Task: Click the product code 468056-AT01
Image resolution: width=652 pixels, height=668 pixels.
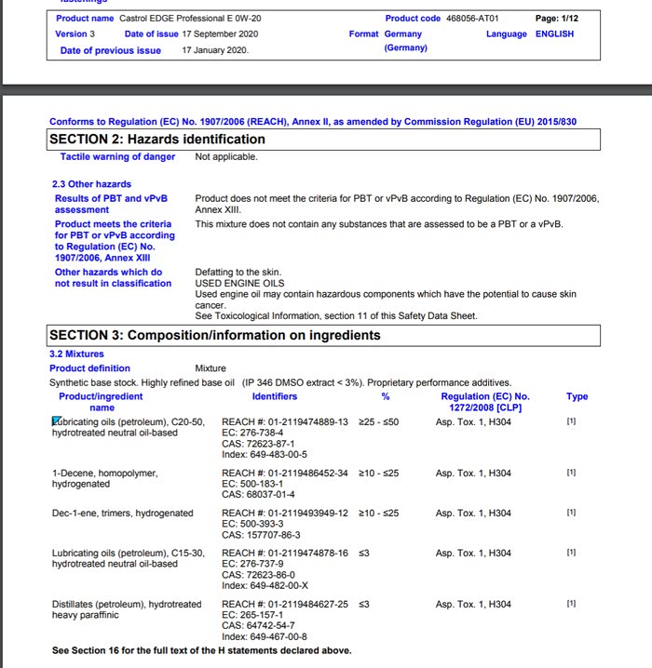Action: [472, 19]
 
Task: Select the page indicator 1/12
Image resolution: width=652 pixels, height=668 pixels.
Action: [557, 19]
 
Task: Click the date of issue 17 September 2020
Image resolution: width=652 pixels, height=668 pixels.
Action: [221, 34]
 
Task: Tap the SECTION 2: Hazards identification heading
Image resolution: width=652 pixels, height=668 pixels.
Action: [157, 139]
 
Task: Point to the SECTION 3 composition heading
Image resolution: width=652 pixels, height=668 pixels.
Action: [215, 335]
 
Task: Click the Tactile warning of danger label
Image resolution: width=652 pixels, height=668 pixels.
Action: [118, 157]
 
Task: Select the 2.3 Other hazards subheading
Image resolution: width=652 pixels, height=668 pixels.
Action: [91, 184]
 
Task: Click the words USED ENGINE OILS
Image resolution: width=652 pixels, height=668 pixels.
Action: [239, 284]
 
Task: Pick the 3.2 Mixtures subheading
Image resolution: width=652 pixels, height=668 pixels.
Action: [76, 354]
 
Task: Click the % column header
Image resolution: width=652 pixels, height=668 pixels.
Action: [386, 397]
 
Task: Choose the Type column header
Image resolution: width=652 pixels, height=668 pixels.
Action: [577, 397]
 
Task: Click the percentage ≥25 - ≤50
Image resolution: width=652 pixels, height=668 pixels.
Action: [379, 422]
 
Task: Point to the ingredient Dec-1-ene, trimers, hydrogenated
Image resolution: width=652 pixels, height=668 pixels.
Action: [123, 514]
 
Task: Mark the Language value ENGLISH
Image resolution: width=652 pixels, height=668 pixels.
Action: [554, 34]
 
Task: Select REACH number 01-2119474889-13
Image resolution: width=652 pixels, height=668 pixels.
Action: [285, 422]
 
